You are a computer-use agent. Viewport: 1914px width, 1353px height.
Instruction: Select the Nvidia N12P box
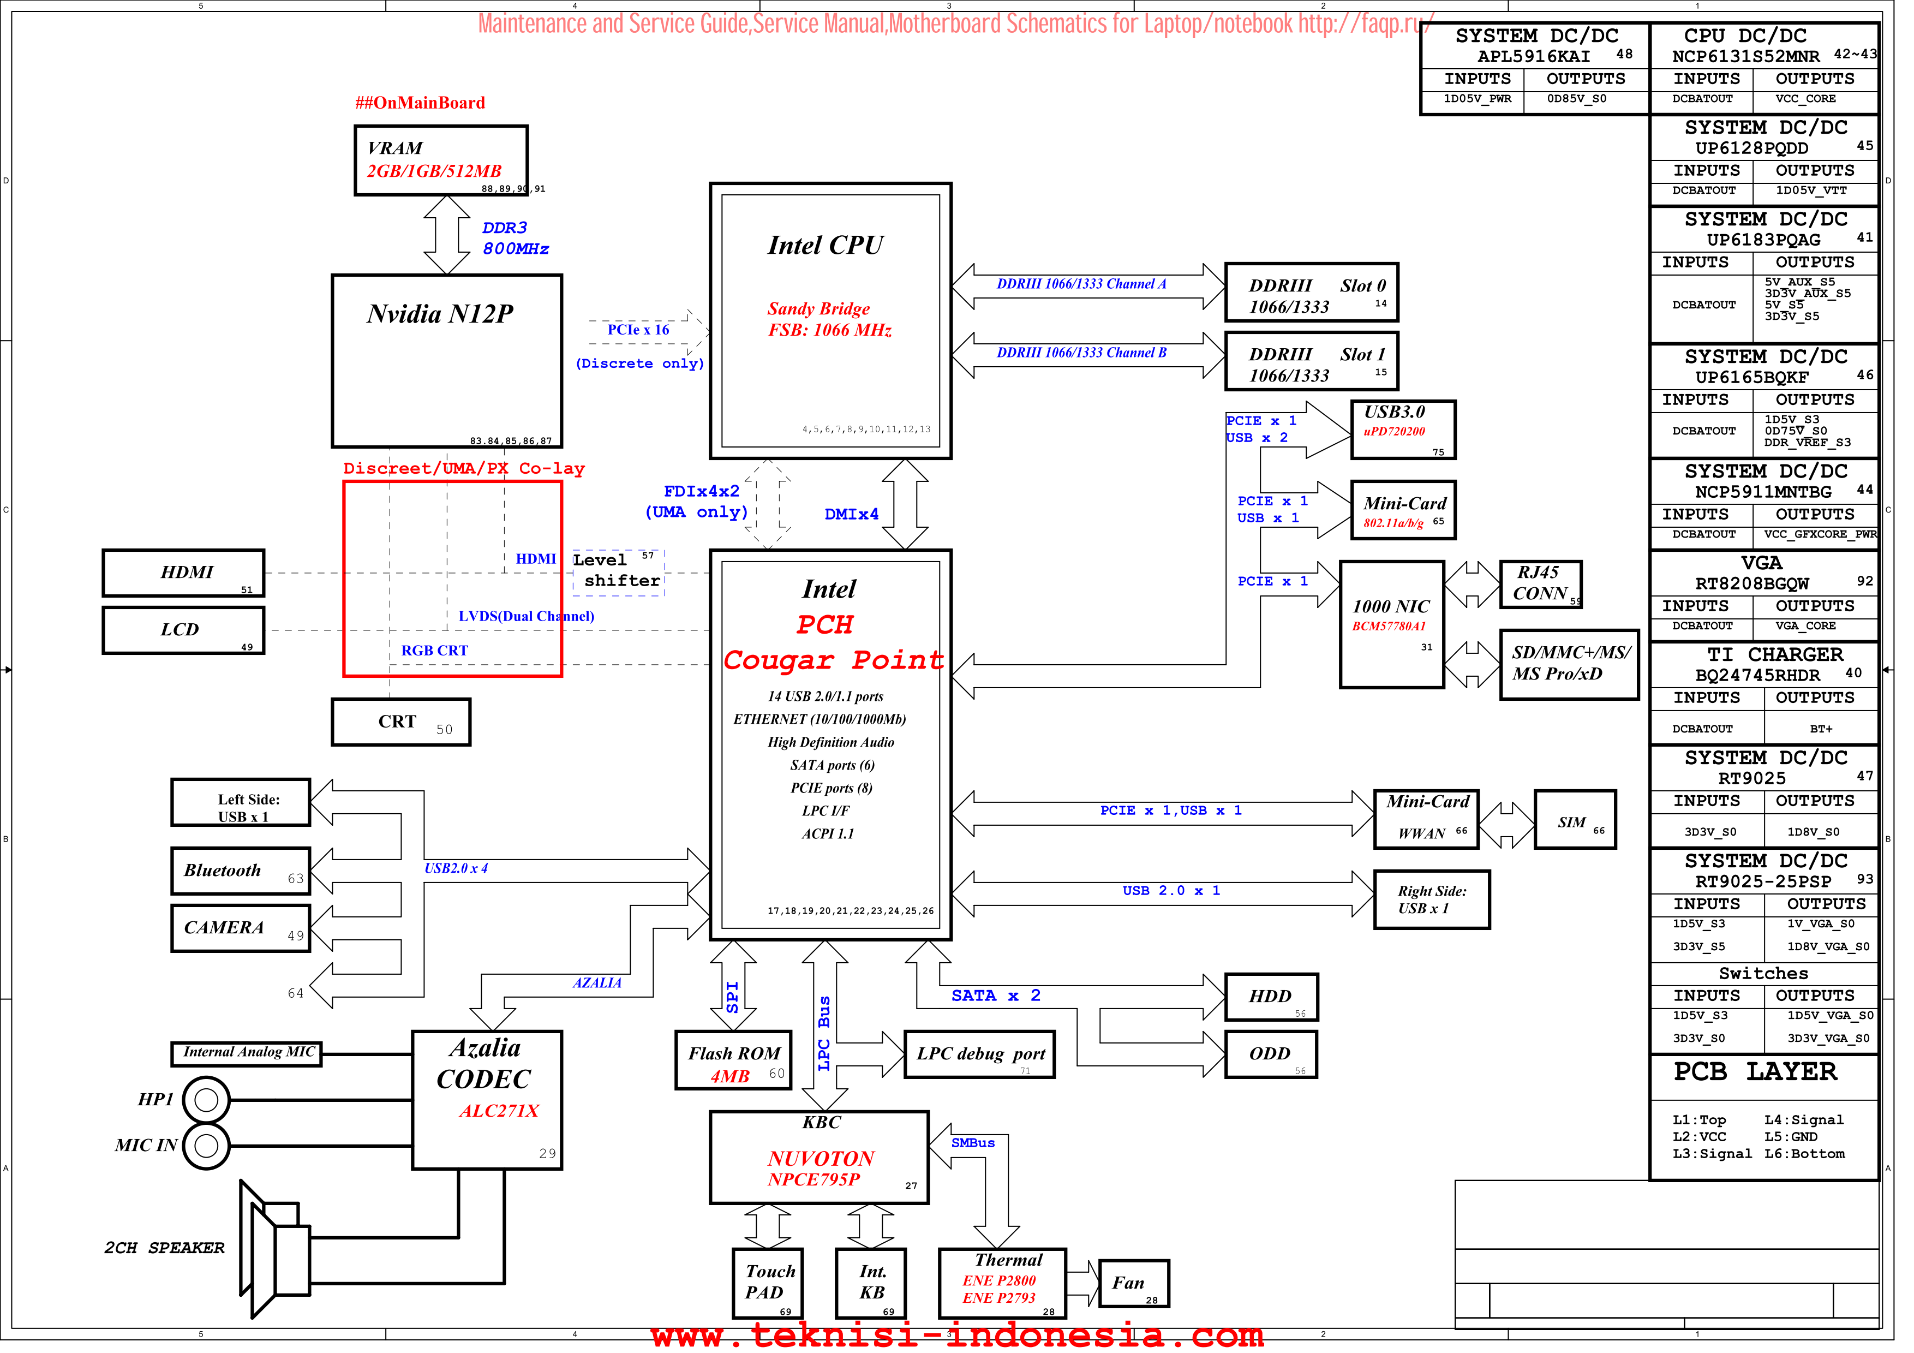click(447, 361)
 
